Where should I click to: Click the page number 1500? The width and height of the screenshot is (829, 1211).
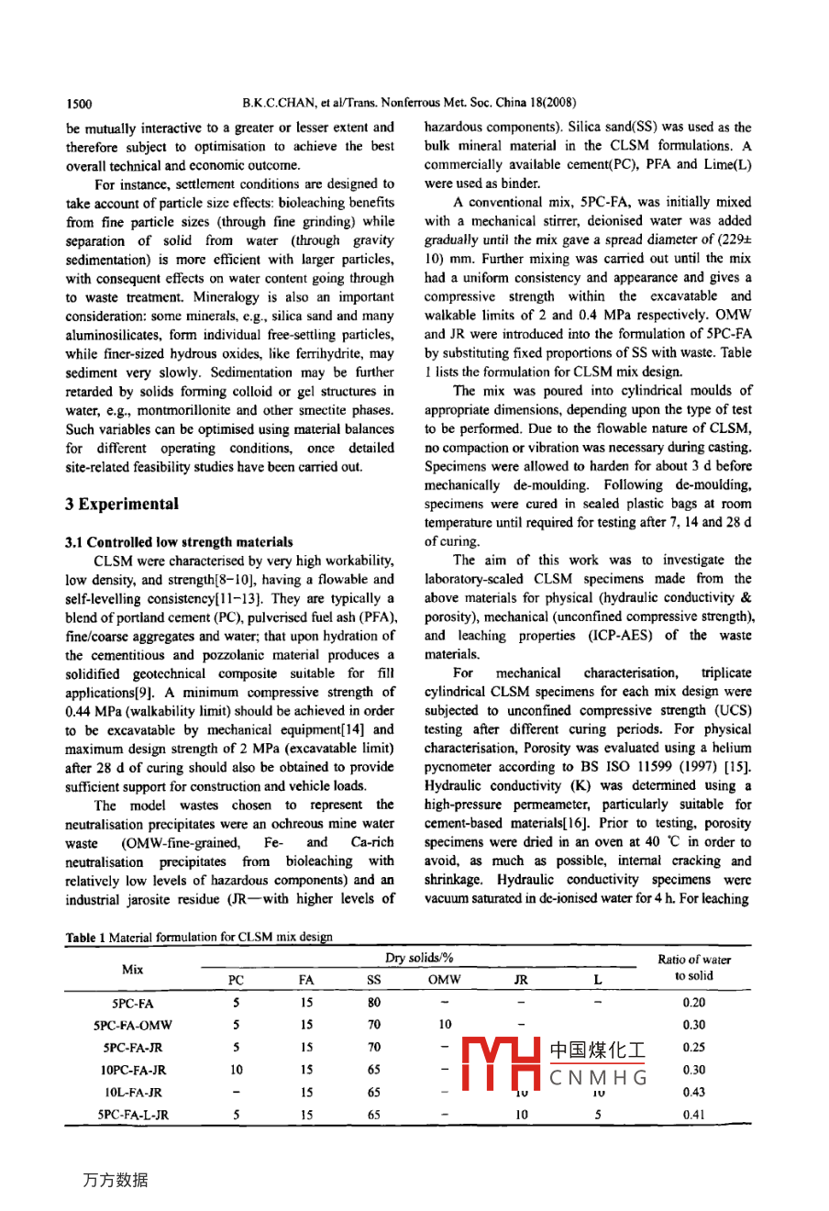coord(79,104)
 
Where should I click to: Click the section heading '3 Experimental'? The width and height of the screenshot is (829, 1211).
coord(122,504)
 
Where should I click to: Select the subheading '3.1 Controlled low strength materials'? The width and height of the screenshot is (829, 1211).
coord(180,542)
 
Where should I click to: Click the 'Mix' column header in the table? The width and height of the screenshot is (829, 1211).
coord(132,969)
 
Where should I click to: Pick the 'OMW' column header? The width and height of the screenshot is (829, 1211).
coord(445,980)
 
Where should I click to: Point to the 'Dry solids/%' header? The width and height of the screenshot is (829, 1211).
coord(419,959)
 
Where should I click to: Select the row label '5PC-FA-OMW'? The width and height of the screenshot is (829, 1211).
coord(133,1026)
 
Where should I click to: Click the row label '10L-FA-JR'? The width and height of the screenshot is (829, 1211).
coord(134,1093)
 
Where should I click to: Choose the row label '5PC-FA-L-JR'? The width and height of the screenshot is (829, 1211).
coord(133,1115)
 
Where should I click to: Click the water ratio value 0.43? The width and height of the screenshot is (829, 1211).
coord(694,1093)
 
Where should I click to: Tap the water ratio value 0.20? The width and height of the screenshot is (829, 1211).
coord(694,1004)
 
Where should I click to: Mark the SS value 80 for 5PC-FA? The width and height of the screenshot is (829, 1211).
coord(374,1004)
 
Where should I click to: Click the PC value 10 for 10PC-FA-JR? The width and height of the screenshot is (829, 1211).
coord(237,1070)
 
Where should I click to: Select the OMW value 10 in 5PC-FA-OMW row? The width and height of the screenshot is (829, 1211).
coord(445,1026)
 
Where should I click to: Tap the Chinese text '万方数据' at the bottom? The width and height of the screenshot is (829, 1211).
coord(115,1180)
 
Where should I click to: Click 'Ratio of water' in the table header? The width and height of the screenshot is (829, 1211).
coord(694,960)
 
